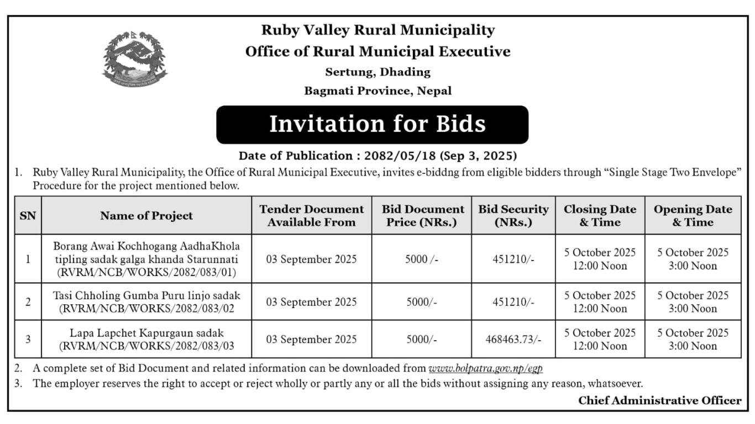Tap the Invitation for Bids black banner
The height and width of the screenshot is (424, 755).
[372, 124]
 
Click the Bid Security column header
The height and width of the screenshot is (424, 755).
[513, 215]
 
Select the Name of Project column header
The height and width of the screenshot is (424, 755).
[146, 216]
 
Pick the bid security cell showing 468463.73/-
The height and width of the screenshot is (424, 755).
[513, 339]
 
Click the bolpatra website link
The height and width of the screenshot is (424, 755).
[485, 368]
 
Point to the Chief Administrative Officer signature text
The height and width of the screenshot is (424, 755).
[659, 401]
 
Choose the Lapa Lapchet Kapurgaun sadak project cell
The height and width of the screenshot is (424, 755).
[146, 339]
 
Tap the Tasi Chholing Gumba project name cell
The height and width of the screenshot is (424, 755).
[146, 301]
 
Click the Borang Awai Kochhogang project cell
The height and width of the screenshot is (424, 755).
[146, 258]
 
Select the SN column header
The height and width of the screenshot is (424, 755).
[28, 216]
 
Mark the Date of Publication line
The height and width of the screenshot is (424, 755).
[377, 156]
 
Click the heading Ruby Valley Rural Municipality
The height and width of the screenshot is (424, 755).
[377, 30]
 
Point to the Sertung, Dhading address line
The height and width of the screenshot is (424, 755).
[377, 72]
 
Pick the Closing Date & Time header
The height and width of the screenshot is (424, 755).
[600, 215]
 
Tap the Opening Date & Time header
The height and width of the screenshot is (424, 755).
[693, 215]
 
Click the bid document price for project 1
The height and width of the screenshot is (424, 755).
[422, 259]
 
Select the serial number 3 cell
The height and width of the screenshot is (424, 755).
[28, 339]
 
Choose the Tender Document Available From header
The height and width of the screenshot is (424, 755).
[311, 215]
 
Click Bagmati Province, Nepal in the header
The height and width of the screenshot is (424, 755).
[377, 91]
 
